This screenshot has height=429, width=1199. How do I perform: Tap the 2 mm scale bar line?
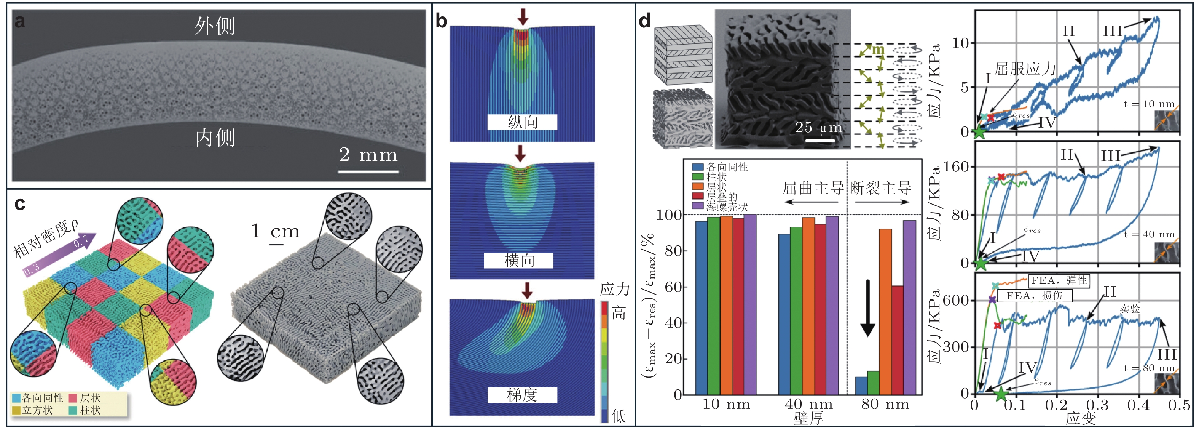click(x=368, y=171)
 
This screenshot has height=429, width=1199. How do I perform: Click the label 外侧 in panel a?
click(x=215, y=26)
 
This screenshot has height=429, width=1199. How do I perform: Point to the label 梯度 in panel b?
click(x=522, y=395)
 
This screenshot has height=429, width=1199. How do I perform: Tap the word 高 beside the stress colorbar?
click(x=619, y=313)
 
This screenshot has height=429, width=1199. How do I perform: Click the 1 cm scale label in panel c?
click(x=275, y=232)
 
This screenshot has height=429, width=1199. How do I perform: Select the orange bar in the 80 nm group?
click(x=885, y=312)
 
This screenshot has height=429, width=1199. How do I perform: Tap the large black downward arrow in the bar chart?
click(x=867, y=308)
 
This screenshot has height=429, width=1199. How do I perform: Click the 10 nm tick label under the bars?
click(x=726, y=404)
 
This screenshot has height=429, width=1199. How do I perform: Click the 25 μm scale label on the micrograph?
click(x=818, y=128)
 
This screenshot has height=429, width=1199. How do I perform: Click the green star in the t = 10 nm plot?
click(x=979, y=132)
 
